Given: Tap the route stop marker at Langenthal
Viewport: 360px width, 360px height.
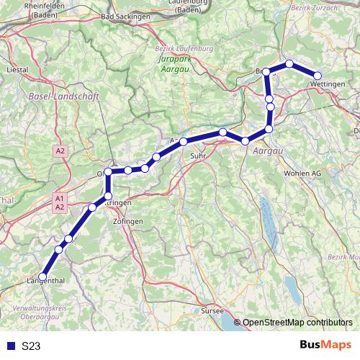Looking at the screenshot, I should (42, 276).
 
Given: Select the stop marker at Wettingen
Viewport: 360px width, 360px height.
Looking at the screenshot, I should (317, 76).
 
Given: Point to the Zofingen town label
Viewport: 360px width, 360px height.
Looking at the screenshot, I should (128, 221).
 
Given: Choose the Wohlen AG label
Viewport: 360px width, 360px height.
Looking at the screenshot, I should (302, 174).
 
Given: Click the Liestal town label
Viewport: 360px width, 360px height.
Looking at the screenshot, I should (15, 70).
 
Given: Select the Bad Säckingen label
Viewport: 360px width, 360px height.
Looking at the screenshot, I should (125, 15).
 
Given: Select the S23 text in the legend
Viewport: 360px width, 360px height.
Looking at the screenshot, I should (31, 346).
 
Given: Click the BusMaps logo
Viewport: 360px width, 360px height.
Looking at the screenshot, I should (325, 346).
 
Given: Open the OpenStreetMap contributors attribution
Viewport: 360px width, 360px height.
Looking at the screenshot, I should (297, 323).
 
